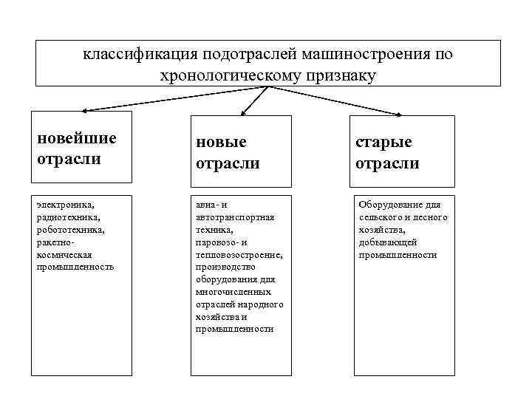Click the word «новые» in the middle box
click(222, 142)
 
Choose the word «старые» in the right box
click(383, 142)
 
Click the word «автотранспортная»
click(236, 217)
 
